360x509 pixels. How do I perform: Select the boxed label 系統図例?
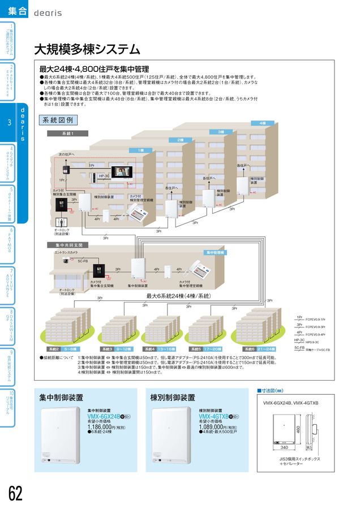tap(58, 120)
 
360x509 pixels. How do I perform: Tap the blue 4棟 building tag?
tap(262, 123)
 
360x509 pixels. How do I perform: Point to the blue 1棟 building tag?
tap(140, 150)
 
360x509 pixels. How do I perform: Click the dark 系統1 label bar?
tap(68, 133)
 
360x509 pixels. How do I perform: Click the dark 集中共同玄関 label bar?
tap(69, 245)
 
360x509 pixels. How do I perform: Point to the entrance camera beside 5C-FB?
tap(66, 261)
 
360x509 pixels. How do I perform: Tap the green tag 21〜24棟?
tap(265, 349)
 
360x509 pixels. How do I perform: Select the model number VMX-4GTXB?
tap(214, 417)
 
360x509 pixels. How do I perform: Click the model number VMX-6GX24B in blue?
tap(105, 417)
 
